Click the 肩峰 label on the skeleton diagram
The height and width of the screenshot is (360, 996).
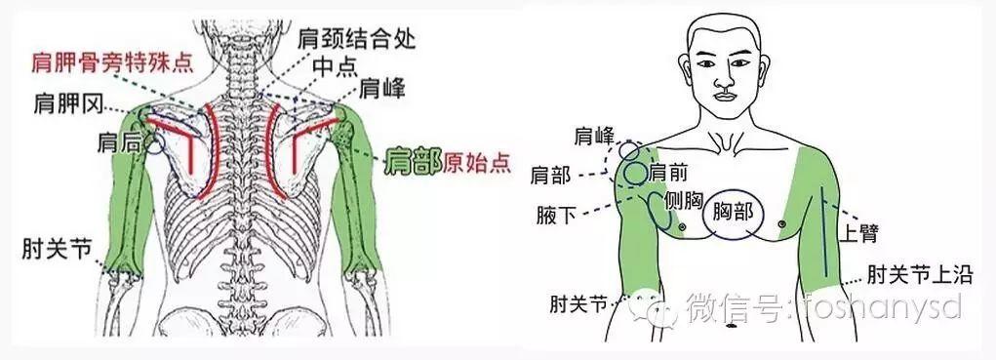[382, 90]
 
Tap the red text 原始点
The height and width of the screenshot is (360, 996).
[477, 162]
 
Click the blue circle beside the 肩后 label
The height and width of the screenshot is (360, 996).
[154, 143]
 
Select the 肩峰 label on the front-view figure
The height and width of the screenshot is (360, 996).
[595, 134]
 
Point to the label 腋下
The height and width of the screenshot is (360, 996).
[558, 211]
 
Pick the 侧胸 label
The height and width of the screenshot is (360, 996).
[683, 200]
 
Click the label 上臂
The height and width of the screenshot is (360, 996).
[863, 233]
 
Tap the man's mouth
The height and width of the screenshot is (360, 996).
[724, 97]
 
